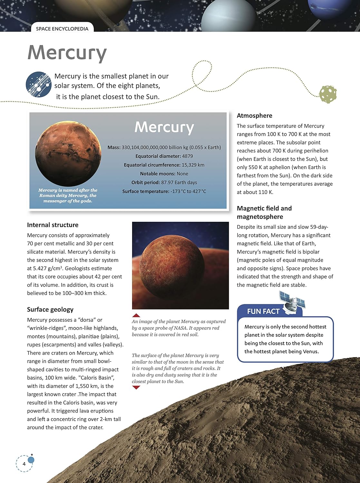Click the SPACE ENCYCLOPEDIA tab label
pos(62,29)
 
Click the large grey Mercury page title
pos(67,53)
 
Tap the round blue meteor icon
pos(39,85)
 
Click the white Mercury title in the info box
pos(164,127)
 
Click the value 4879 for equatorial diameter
pos(187,156)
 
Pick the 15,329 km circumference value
pos(193,165)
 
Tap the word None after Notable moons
pos(182,174)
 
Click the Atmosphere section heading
pos(254,116)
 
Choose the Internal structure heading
pos(53,225)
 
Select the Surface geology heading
pos(50,309)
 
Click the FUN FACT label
pos(263,311)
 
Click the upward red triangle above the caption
pos(136,315)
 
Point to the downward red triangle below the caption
pos(136,387)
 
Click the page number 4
pos(24,464)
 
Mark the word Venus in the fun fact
pos(310,351)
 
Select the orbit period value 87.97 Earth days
pos(179,182)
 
